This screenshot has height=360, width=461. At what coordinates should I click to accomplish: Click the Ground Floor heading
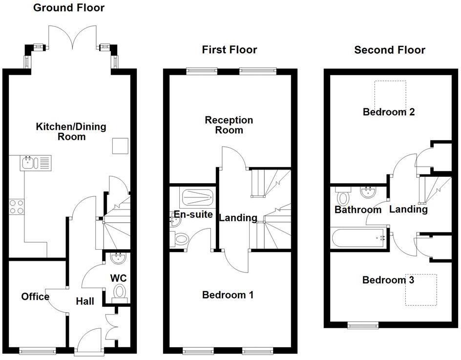coord(68,8)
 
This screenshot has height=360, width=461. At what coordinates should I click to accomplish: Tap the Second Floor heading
coord(389,50)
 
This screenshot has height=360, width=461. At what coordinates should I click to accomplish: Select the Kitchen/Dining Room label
coord(71,132)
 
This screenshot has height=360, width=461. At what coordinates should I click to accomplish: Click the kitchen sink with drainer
coord(36,163)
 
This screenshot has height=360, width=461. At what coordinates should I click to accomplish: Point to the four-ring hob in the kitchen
coord(16,207)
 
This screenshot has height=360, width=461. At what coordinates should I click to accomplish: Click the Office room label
coord(35,296)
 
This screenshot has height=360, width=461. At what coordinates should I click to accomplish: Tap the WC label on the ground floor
coord(118,278)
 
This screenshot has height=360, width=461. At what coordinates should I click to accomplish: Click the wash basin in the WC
coord(118,258)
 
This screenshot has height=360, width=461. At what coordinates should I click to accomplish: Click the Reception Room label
coord(229,125)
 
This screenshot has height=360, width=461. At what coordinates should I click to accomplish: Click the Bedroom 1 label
coord(228,295)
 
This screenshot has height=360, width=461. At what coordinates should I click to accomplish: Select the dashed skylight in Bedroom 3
coord(421,290)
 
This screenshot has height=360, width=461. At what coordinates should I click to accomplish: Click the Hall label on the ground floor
coord(85,301)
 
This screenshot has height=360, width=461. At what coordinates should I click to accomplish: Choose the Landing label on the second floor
coord(408,209)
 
